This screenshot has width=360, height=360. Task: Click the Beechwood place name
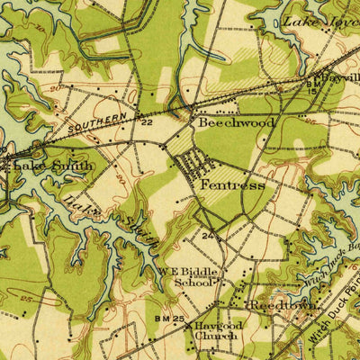coord(237,121)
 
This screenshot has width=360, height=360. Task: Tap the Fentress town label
coord(232,184)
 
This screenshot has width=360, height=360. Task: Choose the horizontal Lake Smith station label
coord(36,165)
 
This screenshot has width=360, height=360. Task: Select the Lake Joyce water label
coord(319,20)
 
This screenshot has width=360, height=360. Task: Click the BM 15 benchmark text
coord(311,87)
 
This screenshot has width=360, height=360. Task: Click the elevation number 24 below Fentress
coord(208,237)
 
